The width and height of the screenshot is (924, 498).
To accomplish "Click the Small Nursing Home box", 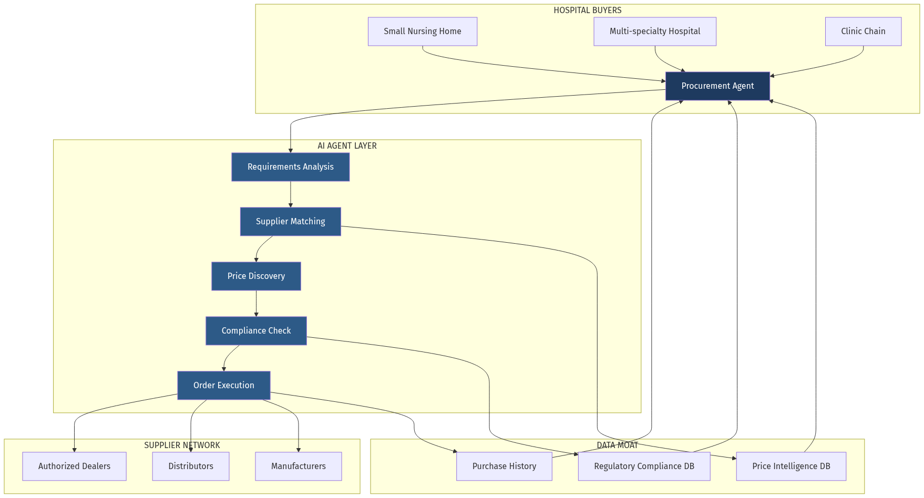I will click(x=423, y=32).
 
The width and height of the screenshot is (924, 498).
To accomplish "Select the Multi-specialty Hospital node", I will click(x=655, y=32).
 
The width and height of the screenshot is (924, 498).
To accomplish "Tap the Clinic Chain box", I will click(x=863, y=32).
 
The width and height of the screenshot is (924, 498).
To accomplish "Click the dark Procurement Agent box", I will click(x=717, y=86).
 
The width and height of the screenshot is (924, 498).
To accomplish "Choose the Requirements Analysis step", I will click(x=291, y=167).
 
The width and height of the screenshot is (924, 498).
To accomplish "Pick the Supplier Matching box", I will click(x=291, y=222).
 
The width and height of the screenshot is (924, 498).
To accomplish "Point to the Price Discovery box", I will click(x=256, y=276).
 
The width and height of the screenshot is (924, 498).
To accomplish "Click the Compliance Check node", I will click(x=256, y=331).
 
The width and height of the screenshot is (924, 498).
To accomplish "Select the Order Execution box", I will click(x=224, y=386).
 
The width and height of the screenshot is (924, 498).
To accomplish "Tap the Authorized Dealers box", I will click(x=74, y=466).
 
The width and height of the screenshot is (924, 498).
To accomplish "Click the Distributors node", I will click(x=191, y=466).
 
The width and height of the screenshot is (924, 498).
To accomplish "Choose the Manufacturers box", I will click(x=299, y=466).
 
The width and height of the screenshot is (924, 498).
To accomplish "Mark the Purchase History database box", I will click(x=504, y=466).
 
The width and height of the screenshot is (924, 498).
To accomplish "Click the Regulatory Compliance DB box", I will click(x=644, y=466).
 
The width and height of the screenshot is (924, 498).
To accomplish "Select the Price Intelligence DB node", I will click(x=791, y=466).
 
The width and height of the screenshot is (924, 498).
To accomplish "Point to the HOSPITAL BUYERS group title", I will click(x=587, y=11).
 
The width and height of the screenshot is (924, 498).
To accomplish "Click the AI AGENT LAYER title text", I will click(x=347, y=146).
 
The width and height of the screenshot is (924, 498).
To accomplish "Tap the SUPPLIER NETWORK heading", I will click(x=182, y=445).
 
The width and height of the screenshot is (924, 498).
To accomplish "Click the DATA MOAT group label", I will click(x=617, y=445).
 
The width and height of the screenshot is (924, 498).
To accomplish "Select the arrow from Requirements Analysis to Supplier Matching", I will click(x=291, y=194).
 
